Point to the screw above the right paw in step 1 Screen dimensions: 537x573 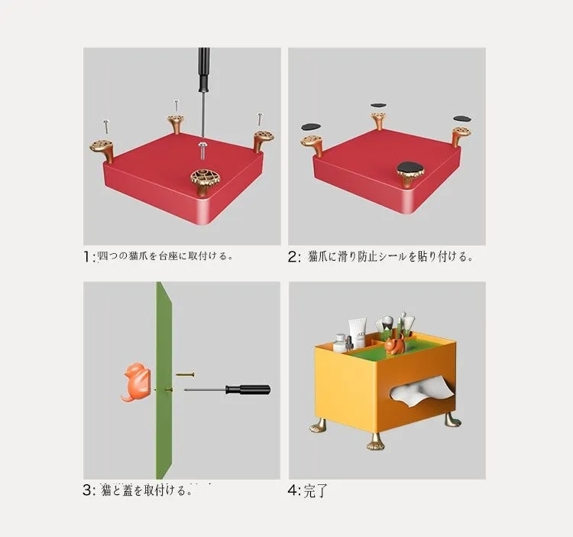click(x=260, y=119)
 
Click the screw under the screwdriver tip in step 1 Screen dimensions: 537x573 click(x=202, y=145)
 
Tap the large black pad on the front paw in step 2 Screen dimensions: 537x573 click(x=410, y=167)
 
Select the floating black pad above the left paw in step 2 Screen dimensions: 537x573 click(x=310, y=126)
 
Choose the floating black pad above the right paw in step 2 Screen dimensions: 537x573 click(x=462, y=119)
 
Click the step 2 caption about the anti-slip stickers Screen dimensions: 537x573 click(x=390, y=257)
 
